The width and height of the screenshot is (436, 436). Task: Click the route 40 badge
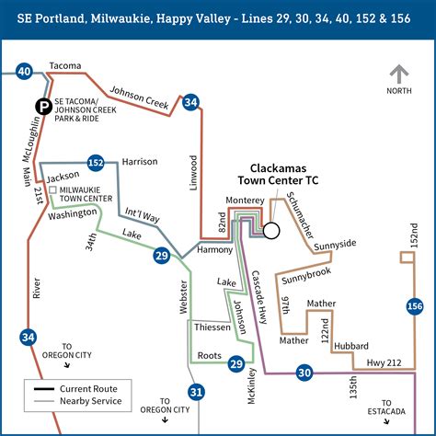coord(25,71)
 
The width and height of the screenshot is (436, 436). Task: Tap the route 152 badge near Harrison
coord(95,162)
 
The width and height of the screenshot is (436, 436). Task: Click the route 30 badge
coord(304,373)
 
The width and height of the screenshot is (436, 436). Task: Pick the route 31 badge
coord(195,392)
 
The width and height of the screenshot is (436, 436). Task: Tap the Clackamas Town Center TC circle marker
coord(270,231)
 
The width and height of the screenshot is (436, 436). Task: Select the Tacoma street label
coord(65,66)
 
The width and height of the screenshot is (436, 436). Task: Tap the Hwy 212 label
coord(384,364)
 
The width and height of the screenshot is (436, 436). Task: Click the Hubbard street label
coord(351,346)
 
